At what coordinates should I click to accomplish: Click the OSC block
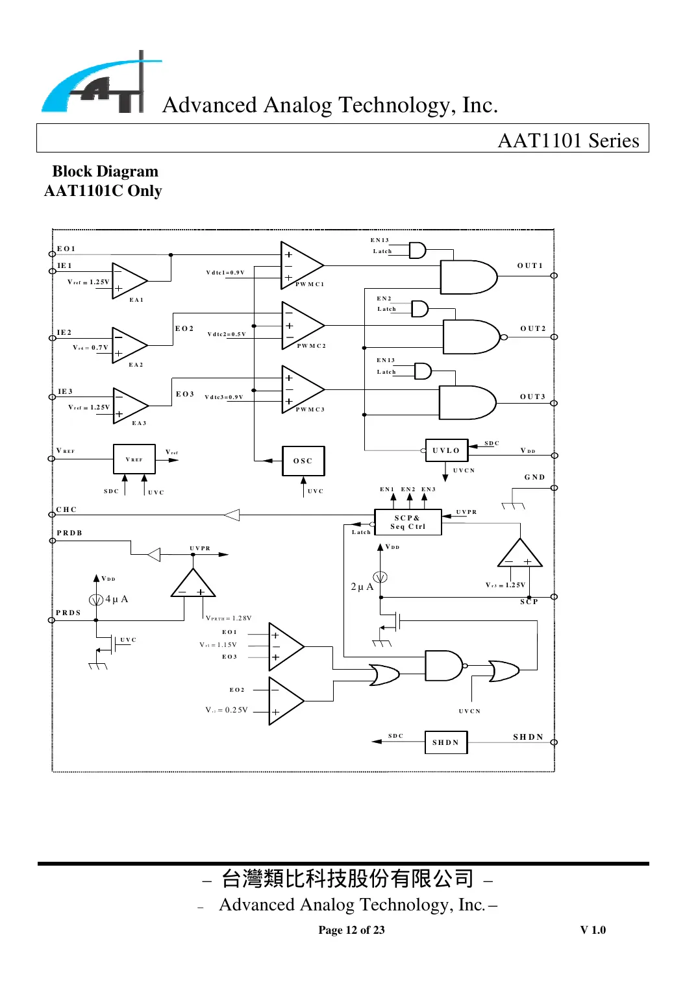[303, 461]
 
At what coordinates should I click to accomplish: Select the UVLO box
[446, 450]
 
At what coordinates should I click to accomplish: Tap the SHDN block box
[445, 742]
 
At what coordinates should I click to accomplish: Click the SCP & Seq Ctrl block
[408, 522]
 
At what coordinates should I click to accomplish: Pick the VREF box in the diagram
[134, 459]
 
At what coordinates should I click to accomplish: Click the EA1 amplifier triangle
[128, 281]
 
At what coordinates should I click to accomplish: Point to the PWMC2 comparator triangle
[301, 326]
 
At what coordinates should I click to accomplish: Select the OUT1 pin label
[530, 265]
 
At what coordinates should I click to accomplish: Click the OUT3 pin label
[532, 396]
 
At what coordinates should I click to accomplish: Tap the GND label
[534, 477]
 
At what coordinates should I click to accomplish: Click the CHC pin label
[66, 509]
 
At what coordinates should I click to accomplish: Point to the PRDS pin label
[68, 613]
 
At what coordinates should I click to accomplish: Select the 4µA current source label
[116, 599]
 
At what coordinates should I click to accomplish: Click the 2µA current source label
[362, 587]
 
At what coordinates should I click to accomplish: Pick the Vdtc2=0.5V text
[226, 334]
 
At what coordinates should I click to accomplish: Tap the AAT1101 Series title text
[568, 140]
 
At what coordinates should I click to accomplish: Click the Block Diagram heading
[105, 171]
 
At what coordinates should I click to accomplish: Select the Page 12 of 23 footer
[351, 930]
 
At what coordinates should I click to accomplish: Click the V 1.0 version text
[593, 930]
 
